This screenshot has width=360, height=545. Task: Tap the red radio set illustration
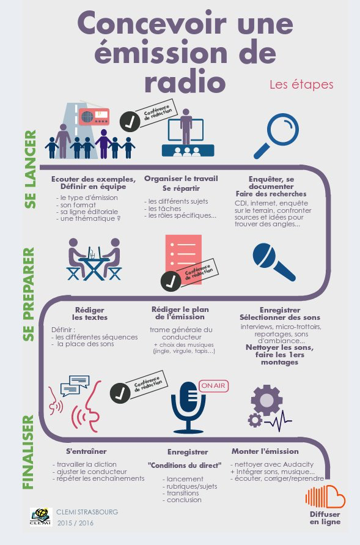pos(94,116)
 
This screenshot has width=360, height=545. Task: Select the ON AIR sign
pos(213,385)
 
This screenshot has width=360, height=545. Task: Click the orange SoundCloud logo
pos(325,497)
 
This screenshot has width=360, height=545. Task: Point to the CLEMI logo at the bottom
pos(41,517)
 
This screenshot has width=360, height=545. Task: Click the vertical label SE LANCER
pos(31,169)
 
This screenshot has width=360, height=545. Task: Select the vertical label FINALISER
pos(29,452)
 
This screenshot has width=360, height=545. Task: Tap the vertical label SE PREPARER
pos(29,294)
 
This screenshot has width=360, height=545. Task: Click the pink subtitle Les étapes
pos(301,84)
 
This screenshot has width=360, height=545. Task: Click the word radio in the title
pos(185,81)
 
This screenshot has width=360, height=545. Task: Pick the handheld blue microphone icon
pos(274,262)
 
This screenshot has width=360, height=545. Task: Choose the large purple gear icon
pos(266,401)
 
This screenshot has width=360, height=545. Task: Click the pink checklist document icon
pos(183,259)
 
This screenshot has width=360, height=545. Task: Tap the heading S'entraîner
pos(86,451)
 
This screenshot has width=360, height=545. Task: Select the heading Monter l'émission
pos(265,451)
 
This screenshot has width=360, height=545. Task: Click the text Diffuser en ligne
pos(325,518)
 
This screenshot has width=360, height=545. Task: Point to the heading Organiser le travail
pos(181,179)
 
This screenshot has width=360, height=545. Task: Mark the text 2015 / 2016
pos(75,523)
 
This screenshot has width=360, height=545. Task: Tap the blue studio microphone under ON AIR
pos(188,407)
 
